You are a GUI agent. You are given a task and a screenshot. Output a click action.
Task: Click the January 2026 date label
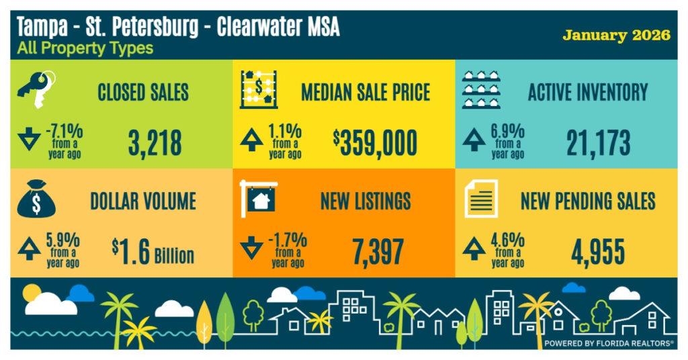[616, 35]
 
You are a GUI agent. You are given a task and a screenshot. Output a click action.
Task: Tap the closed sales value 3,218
[155, 142]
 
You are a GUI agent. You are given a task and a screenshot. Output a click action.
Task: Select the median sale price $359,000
[375, 142]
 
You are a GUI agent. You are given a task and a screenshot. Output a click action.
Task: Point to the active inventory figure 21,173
[597, 142]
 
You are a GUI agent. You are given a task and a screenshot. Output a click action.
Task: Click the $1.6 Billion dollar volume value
[153, 253]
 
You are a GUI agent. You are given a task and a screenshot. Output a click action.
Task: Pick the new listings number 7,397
[378, 251]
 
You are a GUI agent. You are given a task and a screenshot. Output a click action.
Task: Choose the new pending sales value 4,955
[597, 251]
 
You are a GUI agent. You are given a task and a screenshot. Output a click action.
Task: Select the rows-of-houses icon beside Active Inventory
[483, 89]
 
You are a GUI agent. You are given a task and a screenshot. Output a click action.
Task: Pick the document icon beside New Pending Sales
[481, 199]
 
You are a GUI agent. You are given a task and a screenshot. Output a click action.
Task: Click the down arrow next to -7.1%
[29, 141]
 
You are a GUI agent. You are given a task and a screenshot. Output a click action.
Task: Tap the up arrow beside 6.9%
[474, 139]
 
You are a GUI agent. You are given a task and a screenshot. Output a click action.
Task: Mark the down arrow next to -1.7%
[251, 249]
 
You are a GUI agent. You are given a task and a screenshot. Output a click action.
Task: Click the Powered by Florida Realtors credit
[609, 343]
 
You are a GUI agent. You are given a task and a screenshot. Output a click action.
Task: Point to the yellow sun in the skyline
[31, 291]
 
